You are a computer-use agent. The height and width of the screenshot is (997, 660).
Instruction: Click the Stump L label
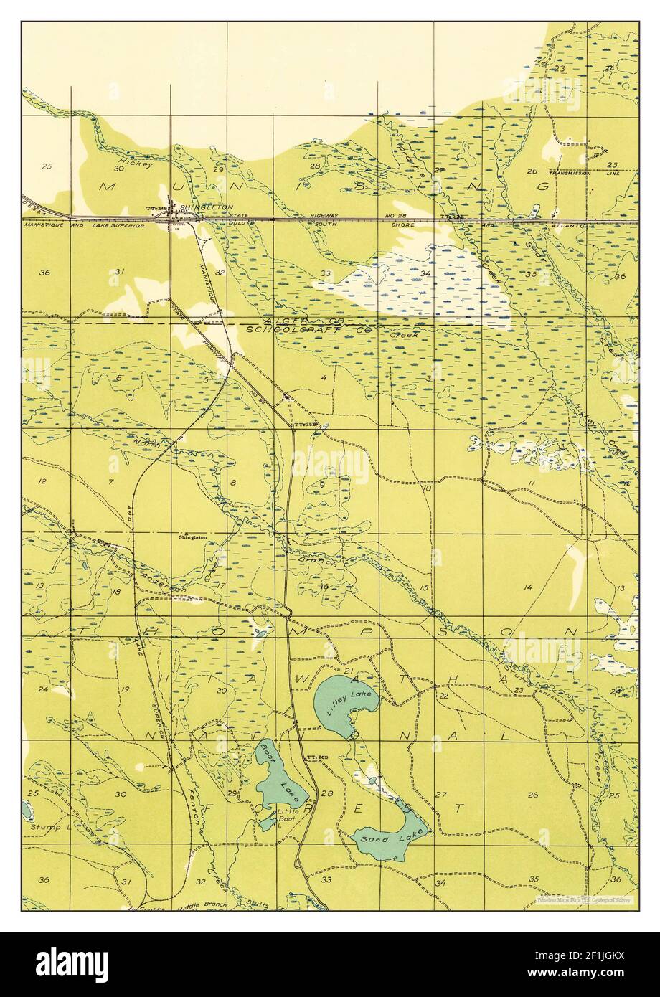[x=44, y=826]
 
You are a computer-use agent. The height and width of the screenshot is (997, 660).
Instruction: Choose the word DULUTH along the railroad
[x=245, y=225]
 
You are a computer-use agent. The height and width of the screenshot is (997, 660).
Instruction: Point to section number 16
[x=324, y=587]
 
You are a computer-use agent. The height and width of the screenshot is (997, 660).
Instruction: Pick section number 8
[x=233, y=483]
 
